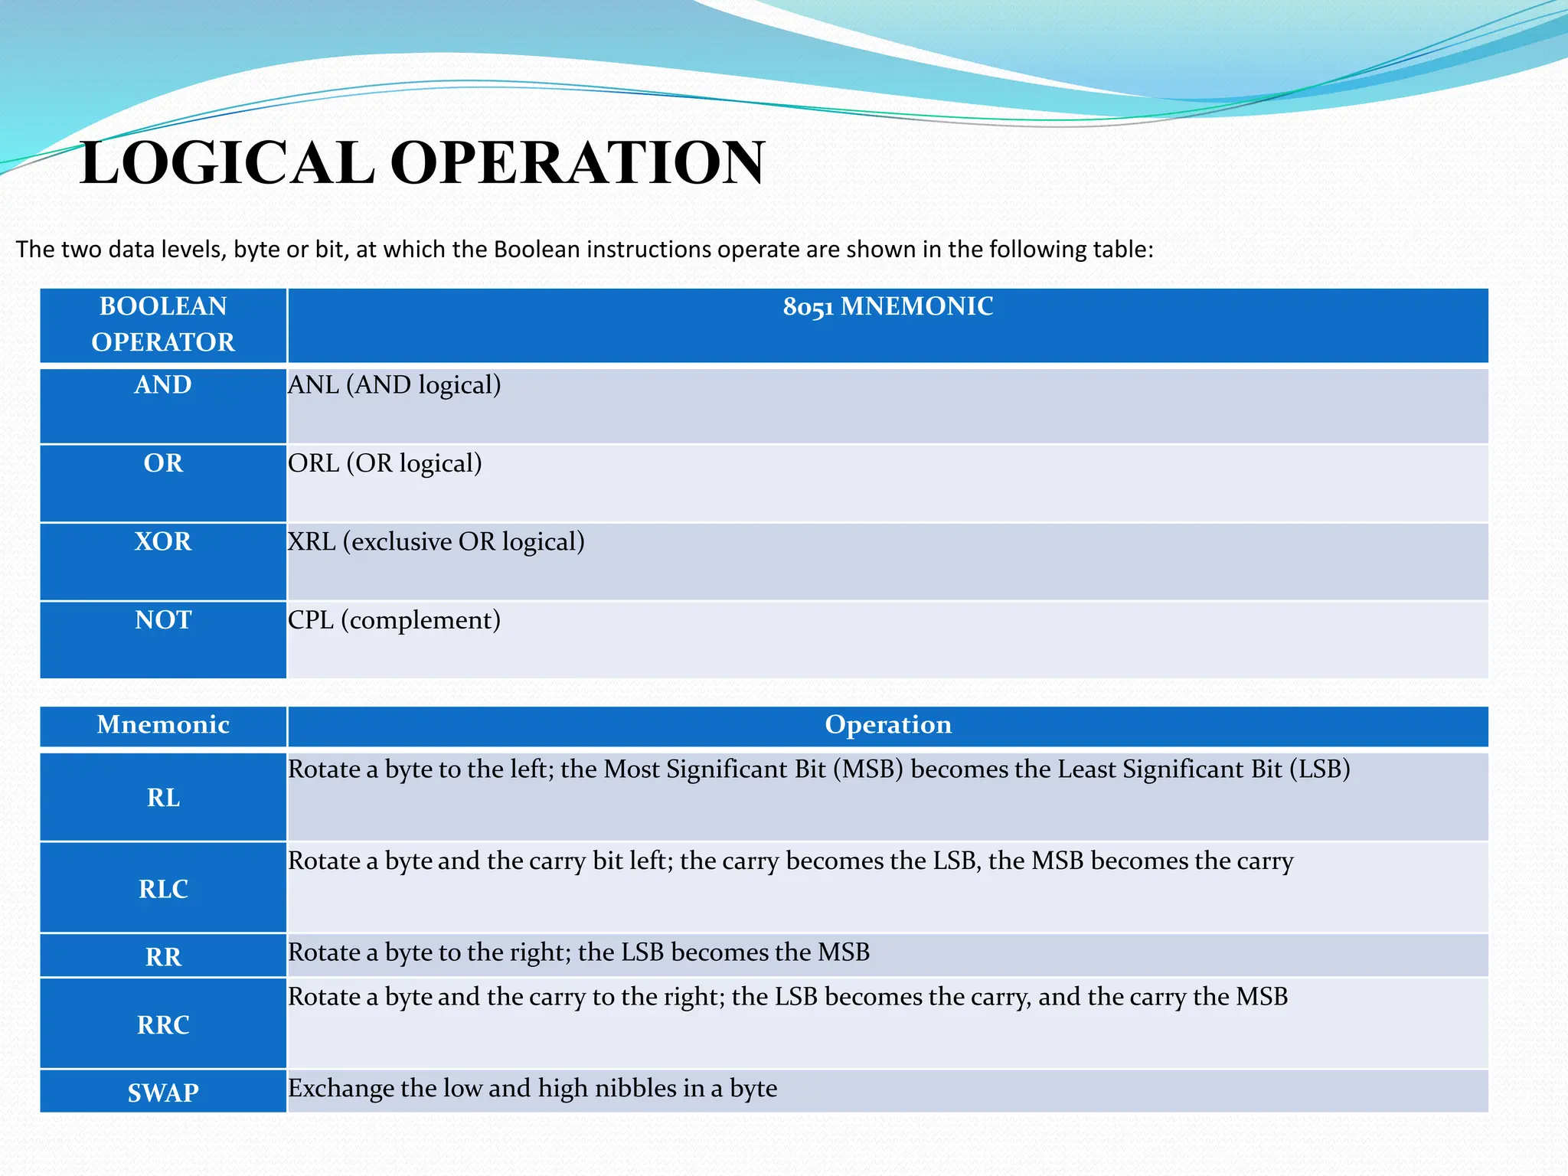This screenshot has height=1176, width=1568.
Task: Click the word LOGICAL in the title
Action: pyautogui.click(x=227, y=163)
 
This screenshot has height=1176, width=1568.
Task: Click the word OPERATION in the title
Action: pyautogui.click(x=578, y=163)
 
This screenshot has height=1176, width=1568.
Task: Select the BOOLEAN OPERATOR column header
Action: pyautogui.click(x=163, y=324)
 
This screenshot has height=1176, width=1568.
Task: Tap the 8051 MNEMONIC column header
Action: pyautogui.click(x=887, y=307)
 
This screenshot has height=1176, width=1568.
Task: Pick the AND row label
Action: pyautogui.click(x=163, y=384)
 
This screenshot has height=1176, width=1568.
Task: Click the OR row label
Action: pyautogui.click(x=163, y=463)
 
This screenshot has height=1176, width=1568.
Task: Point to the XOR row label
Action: pyautogui.click(x=163, y=541)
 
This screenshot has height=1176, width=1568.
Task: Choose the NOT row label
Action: pyautogui.click(x=163, y=619)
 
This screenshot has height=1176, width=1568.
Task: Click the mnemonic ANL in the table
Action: pyautogui.click(x=313, y=384)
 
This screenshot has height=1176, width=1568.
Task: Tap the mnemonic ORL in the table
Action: pyautogui.click(x=313, y=463)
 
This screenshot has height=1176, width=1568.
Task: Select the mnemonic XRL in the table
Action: pyautogui.click(x=312, y=541)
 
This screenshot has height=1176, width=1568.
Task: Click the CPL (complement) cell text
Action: pyautogui.click(x=394, y=619)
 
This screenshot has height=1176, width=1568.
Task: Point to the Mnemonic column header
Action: pyautogui.click(x=163, y=724)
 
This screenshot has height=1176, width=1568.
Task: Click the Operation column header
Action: pyautogui.click(x=887, y=724)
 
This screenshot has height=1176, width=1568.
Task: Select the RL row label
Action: pyautogui.click(x=163, y=798)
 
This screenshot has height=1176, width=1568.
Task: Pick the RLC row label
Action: pyautogui.click(x=163, y=889)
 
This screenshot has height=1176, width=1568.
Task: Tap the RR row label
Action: pyautogui.click(x=163, y=957)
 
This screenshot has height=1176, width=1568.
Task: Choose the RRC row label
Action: pyautogui.click(x=163, y=1024)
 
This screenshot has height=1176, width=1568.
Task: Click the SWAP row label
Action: pyautogui.click(x=163, y=1093)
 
